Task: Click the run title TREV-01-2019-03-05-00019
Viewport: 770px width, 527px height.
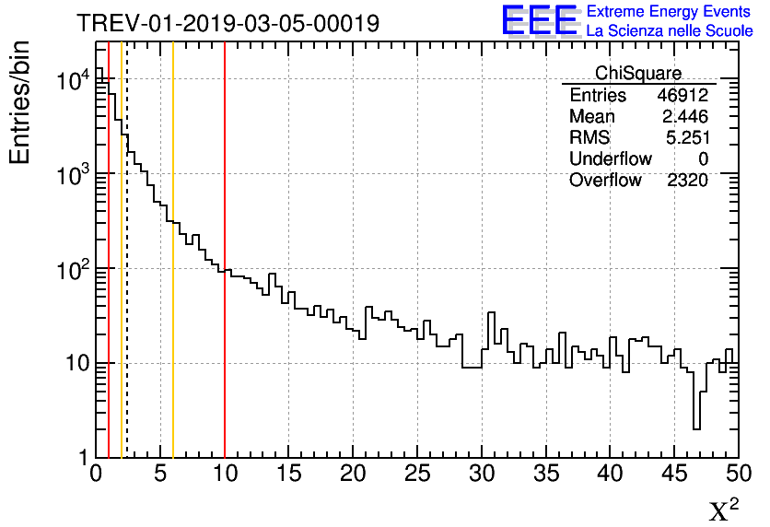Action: point(227,23)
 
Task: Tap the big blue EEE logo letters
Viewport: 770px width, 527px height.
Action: point(539,19)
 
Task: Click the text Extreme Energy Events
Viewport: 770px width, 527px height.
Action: point(669,12)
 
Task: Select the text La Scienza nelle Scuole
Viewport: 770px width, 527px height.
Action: point(669,30)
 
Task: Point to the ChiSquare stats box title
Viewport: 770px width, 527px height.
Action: point(637,74)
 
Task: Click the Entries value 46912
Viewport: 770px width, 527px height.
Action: point(682,96)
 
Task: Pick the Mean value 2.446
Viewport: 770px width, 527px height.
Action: point(684,117)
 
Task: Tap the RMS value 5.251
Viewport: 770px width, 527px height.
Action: point(686,138)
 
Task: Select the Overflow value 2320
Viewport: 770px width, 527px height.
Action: point(687,181)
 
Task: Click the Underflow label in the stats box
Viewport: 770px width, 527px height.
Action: point(610,159)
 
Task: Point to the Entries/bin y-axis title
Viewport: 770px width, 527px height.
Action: point(20,102)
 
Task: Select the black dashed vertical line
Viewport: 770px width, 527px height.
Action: point(127,276)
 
